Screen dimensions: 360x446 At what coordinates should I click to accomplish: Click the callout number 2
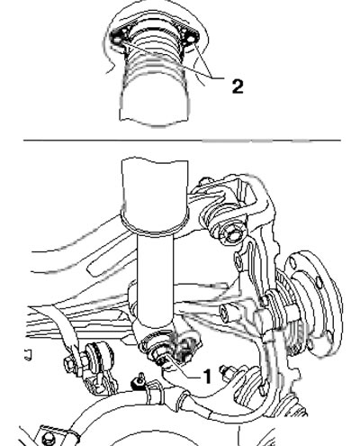238,86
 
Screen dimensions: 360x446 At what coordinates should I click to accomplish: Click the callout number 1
207,377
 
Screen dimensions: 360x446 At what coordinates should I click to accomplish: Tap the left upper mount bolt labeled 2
117,40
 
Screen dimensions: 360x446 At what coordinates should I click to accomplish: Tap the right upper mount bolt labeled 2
190,39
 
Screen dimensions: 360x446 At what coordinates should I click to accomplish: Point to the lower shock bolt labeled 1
159,358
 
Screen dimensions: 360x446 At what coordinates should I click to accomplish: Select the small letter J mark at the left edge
28,355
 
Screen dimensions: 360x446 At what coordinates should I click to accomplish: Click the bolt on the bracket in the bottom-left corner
49,439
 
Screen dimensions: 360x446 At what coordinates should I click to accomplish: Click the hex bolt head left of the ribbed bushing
69,363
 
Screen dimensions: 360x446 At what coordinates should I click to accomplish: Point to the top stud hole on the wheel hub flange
292,263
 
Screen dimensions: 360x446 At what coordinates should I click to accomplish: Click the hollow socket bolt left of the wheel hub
229,313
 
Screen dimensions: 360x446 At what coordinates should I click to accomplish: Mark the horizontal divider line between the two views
182,140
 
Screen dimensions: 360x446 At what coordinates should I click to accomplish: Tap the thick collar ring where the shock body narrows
155,223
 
